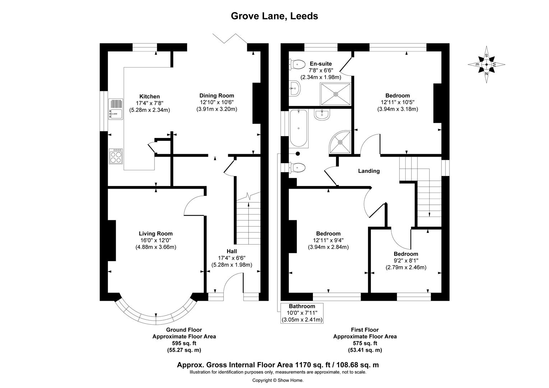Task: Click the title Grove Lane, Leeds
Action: click(x=274, y=16)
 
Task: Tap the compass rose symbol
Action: click(x=486, y=65)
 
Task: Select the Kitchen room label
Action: click(x=149, y=96)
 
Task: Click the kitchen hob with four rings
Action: click(x=116, y=157)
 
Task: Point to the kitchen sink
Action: click(x=115, y=110)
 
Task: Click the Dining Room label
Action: click(x=217, y=96)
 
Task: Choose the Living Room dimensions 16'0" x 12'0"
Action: click(x=156, y=240)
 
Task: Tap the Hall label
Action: click(x=231, y=251)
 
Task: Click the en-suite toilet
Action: click(x=296, y=65)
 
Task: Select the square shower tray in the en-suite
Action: click(x=336, y=94)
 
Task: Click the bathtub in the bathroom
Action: click(x=299, y=128)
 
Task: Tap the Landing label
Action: click(x=369, y=171)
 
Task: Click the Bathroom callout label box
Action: click(x=302, y=313)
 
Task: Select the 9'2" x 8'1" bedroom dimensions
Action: click(x=406, y=260)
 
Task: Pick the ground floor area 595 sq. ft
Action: click(x=184, y=343)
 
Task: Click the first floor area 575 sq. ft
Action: click(x=365, y=343)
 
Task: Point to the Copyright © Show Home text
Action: click(x=278, y=380)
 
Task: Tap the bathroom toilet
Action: click(x=297, y=167)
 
